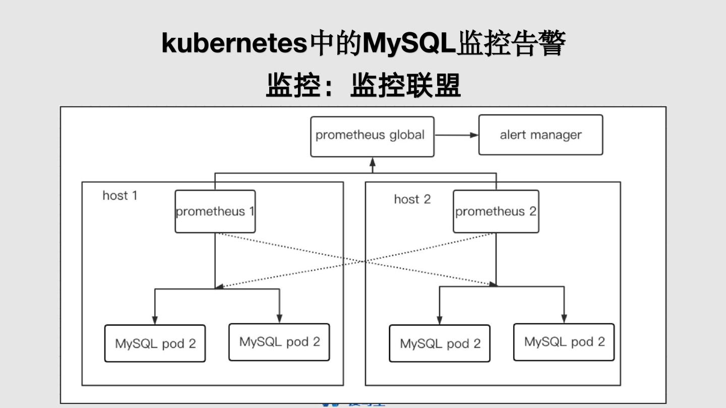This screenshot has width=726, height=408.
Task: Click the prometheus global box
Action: coord(372,137)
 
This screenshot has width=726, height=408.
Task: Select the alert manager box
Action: coord(540,135)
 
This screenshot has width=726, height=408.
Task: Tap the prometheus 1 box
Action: coord(215,212)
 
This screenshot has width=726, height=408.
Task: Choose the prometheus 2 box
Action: coord(496,212)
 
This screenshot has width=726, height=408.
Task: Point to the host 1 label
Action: coord(120,195)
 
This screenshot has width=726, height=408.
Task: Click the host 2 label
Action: coord(412,199)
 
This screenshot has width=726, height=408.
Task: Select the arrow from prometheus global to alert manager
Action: coord(456,135)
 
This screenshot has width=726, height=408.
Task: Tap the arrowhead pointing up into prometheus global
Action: coord(373,162)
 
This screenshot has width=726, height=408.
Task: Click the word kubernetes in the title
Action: coord(234,43)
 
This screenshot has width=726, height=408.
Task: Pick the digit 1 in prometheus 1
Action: coord(251,212)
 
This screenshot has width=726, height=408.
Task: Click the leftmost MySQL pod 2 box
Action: coord(155,344)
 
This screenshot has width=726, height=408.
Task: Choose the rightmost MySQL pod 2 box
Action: coord(564,342)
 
